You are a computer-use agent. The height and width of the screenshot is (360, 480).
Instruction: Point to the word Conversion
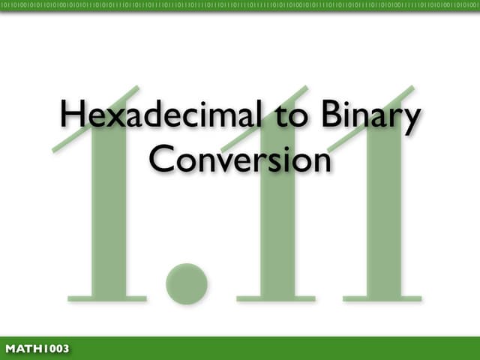tap(240, 158)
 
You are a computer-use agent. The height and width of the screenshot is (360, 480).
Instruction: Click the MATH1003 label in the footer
tap(37, 349)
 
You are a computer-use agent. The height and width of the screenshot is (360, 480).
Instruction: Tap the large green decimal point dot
tap(186, 283)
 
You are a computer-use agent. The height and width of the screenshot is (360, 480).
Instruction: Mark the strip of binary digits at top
tap(240, 6)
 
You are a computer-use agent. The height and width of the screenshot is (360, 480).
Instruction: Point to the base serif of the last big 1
tap(384, 298)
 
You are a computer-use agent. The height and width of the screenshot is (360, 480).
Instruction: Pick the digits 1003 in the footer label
tap(53, 349)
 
